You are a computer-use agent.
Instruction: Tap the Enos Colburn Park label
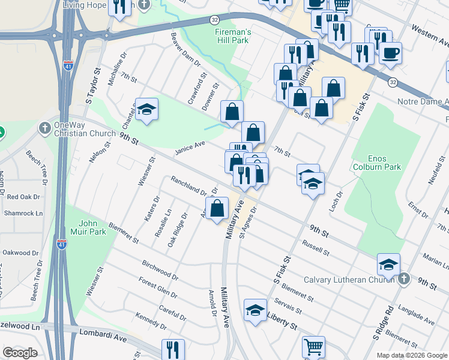376,162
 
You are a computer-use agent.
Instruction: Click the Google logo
20,353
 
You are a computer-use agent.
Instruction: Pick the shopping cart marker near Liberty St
314,347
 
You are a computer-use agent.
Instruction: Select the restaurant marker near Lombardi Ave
173,349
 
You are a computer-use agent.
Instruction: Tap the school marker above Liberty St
255,310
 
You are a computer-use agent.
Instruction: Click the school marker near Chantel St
146,109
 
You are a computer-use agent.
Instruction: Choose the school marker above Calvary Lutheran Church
388,263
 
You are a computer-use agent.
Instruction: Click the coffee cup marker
390,52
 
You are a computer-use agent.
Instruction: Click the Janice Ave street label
190,147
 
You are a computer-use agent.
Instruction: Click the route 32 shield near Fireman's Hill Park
214,20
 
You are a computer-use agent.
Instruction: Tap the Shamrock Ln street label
23,213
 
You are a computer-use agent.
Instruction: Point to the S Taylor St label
91,91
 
